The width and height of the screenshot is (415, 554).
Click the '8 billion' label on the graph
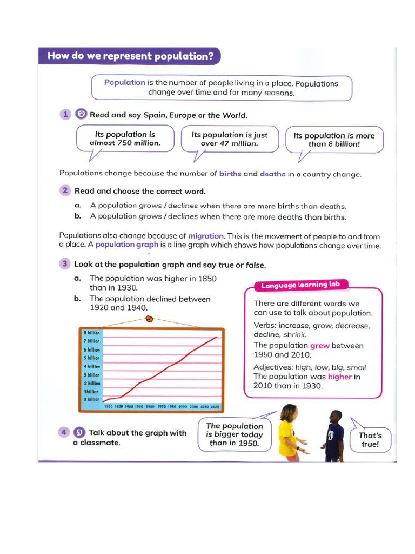point(91,333)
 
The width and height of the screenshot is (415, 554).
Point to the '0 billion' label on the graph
point(90,399)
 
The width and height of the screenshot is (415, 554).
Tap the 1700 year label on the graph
point(108,406)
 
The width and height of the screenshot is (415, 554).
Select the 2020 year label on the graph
point(215,406)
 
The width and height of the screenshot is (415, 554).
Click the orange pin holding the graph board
point(149,320)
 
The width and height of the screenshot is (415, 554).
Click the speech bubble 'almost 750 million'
point(125,138)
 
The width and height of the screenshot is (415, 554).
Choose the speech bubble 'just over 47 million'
point(229,139)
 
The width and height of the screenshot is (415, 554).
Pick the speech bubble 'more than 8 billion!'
point(333,140)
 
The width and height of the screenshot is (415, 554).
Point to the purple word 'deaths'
point(272,174)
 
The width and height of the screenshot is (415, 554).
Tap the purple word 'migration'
point(205,236)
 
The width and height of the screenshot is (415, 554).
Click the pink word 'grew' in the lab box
point(319,346)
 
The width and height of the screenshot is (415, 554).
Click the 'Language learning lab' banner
point(302,285)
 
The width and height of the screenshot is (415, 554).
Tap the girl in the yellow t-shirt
point(289,433)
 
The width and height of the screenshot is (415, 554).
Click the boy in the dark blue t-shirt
point(334,436)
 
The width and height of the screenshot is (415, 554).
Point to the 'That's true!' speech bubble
point(371,440)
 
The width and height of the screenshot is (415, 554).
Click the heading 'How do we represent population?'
point(130,56)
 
